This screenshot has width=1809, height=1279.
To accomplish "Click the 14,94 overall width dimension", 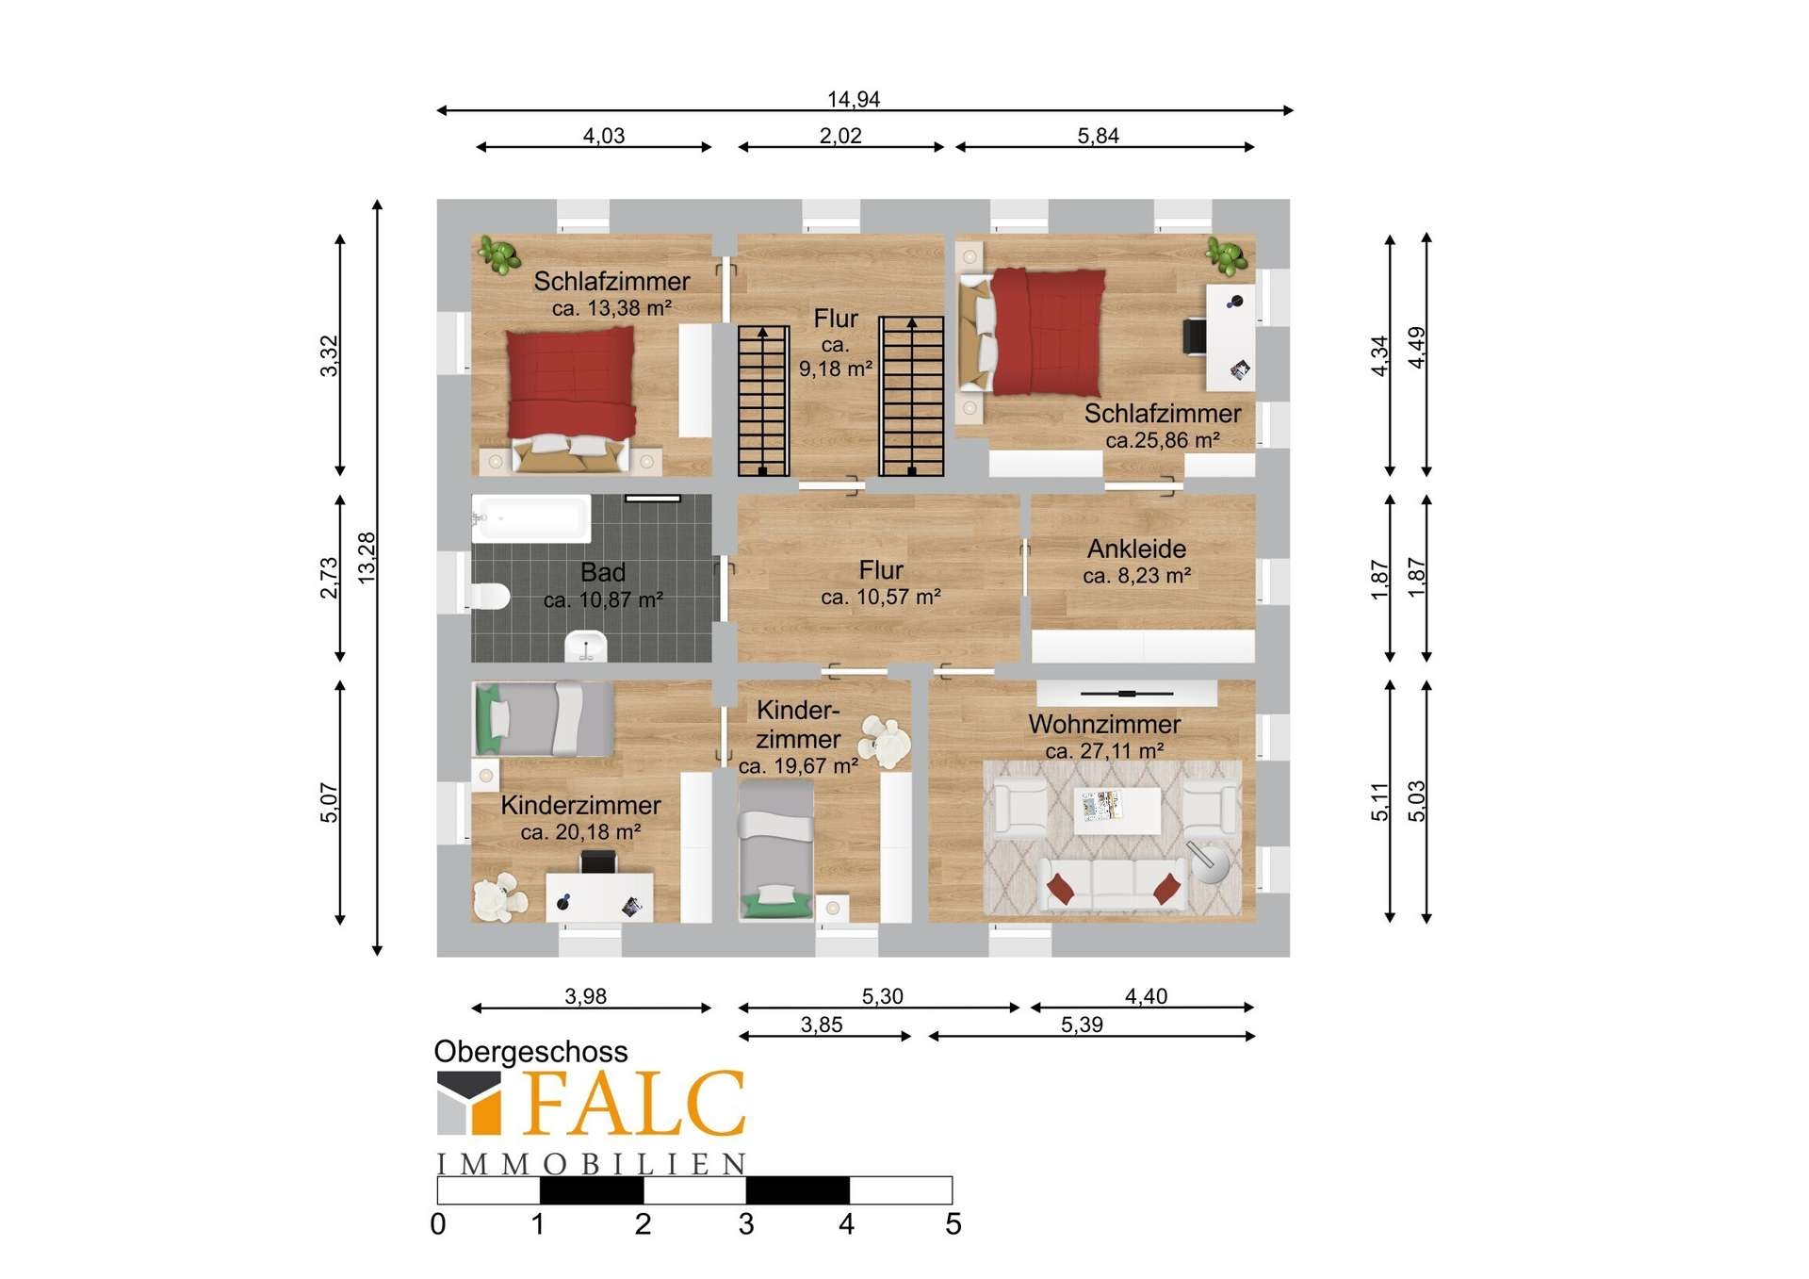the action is click(854, 99).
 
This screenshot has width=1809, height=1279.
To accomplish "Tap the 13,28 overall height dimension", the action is click(367, 558).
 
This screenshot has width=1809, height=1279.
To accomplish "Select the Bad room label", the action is click(603, 572).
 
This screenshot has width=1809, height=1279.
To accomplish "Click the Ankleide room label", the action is click(1136, 549).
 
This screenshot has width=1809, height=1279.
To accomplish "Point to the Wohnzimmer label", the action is click(1104, 724).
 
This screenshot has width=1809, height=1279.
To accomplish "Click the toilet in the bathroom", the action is click(490, 596).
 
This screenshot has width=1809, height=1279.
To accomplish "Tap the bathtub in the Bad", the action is click(530, 517).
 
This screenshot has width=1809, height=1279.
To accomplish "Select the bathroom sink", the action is click(586, 646).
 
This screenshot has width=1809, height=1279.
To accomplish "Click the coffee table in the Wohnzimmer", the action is click(1117, 811).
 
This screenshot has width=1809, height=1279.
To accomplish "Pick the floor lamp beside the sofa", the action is click(1208, 862).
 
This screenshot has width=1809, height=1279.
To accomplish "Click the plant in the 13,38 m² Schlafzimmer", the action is click(498, 254).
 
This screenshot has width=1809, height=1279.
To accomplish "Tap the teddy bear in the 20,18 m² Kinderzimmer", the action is click(498, 898).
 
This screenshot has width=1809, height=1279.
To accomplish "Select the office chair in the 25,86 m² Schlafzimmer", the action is click(1195, 336).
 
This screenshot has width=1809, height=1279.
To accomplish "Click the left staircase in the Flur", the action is click(762, 401).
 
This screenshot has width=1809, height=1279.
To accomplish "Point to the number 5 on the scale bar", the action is click(953, 1224).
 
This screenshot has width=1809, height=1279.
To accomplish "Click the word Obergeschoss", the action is click(530, 1052).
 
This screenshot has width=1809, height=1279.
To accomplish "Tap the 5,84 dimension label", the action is click(1098, 136).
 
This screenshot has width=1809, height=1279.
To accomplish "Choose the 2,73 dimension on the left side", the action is click(329, 578).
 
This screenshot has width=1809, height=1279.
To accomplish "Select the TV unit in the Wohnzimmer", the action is click(1127, 694).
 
